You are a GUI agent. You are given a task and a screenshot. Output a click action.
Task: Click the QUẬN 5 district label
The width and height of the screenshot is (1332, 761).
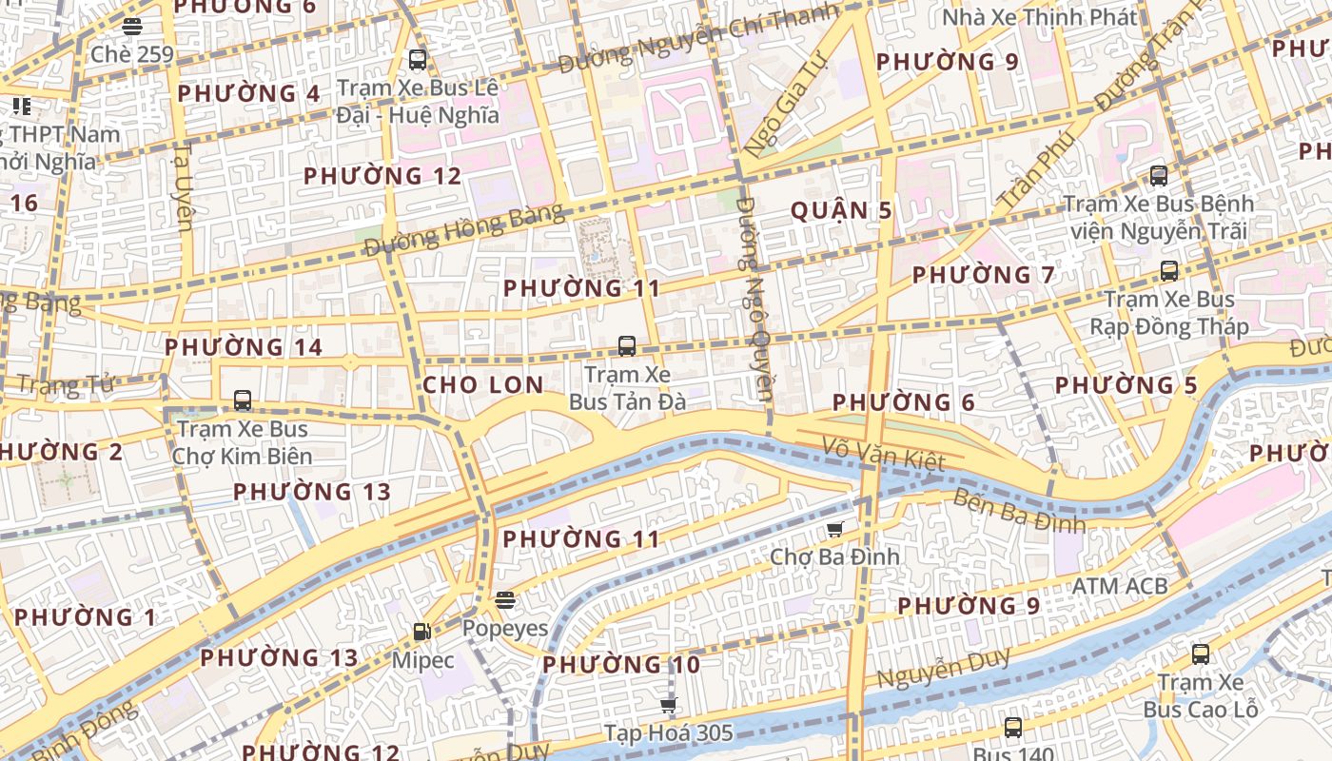click(842, 210)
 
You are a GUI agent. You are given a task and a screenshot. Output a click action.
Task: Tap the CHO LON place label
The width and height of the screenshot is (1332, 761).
click(483, 385)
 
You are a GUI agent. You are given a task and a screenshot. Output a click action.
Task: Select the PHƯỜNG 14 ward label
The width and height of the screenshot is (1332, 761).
click(244, 347)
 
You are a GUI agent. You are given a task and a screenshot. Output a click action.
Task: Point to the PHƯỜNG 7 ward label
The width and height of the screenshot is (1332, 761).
click(984, 275)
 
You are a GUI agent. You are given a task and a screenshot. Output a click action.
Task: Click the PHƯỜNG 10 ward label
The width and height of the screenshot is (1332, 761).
click(621, 665)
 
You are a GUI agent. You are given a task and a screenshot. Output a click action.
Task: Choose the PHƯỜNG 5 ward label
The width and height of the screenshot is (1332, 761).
click(1126, 385)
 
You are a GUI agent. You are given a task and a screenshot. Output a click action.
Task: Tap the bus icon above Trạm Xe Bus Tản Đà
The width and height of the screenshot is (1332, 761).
click(626, 346)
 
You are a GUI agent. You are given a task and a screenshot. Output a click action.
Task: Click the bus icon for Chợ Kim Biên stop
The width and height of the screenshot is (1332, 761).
click(243, 400)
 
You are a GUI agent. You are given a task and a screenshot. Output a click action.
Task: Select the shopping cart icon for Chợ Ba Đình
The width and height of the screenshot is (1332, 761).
click(835, 529)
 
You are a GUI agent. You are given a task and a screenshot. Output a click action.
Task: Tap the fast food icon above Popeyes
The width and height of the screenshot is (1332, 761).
click(505, 600)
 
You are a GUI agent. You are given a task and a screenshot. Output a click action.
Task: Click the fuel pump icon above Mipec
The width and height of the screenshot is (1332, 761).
click(421, 632)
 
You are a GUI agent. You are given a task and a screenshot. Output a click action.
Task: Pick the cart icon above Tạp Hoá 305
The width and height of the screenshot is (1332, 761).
click(669, 705)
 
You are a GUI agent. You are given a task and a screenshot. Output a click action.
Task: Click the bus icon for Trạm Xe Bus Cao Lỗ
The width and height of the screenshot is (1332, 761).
click(1201, 654)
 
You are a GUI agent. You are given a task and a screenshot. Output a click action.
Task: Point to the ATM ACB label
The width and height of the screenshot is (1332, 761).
click(1120, 586)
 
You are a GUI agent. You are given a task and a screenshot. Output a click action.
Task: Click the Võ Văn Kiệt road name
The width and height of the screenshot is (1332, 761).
click(884, 455)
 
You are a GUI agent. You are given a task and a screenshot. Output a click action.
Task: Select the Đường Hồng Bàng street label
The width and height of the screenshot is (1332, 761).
click(463, 230)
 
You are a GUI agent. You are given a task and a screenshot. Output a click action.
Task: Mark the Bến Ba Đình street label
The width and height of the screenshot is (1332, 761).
click(1018, 511)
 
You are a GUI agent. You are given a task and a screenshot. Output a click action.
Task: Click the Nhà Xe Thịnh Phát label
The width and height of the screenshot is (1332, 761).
click(1039, 17)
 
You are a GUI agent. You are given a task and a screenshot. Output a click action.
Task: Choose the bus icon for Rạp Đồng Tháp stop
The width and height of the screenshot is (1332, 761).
click(1169, 271)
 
